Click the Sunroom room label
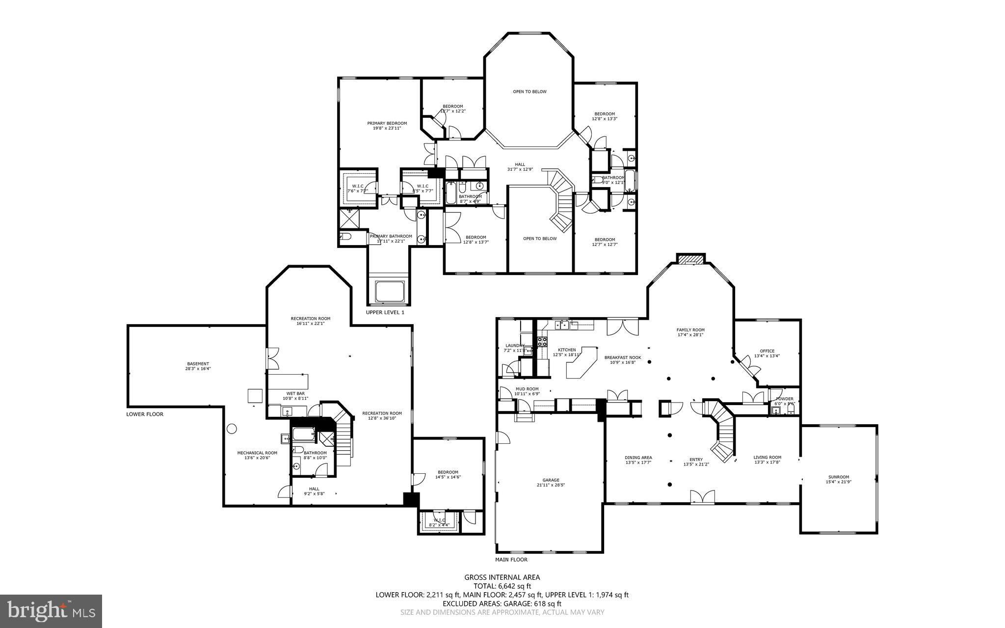coord(839,479)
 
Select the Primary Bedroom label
coord(387,126)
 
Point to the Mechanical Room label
coord(257,455)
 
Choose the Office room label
coord(767,353)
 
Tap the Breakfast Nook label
coord(623,360)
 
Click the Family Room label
coord(690,332)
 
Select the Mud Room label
coord(527,391)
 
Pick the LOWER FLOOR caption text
coord(145,414)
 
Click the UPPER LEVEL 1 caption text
coord(385,312)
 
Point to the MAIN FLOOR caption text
coord(511,559)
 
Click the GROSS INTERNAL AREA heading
coord(502,577)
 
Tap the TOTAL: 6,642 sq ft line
coord(502,586)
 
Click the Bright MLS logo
coord(51,611)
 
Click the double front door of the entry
coord(702,497)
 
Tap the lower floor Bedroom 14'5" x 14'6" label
coord(448,474)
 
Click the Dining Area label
coord(638,460)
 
